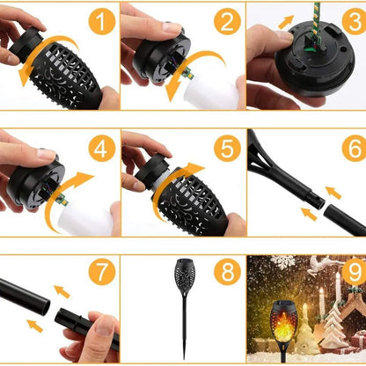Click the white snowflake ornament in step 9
283,262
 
